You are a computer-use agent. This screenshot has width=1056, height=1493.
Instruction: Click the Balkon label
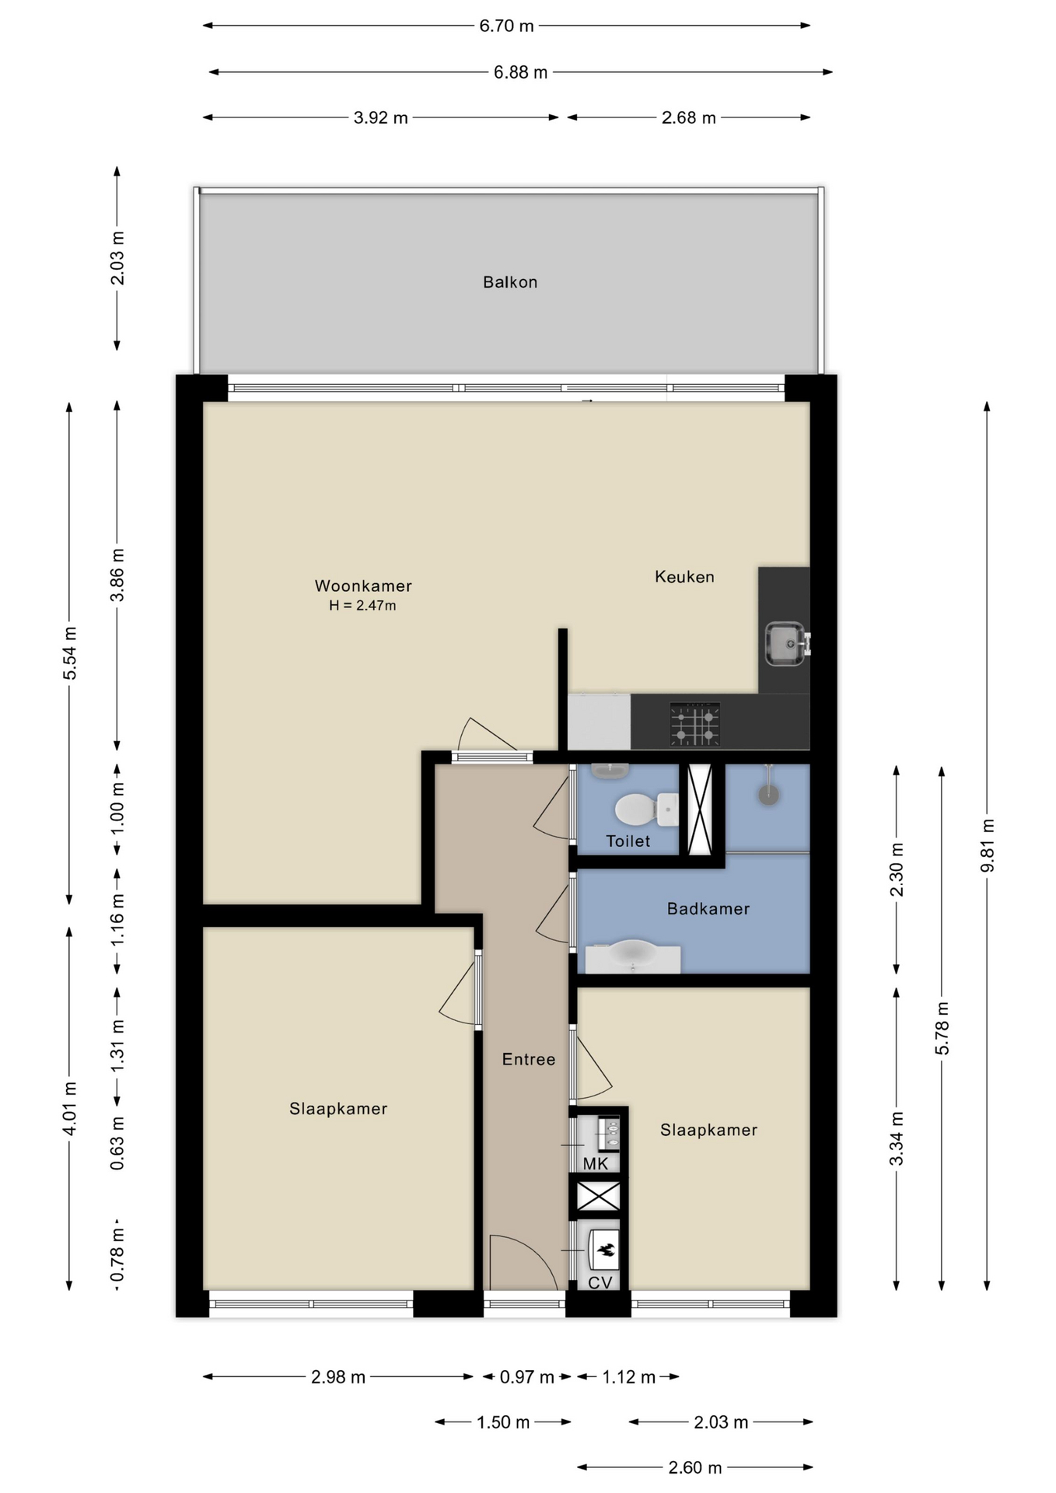pyautogui.click(x=510, y=282)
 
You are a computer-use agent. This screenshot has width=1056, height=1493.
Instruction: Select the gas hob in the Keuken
pyautogui.click(x=694, y=724)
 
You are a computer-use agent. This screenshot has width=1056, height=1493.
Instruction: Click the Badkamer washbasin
pyautogui.click(x=633, y=956)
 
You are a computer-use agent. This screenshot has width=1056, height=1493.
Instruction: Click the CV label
pyautogui.click(x=600, y=1282)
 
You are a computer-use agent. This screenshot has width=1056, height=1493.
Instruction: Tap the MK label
pyautogui.click(x=596, y=1163)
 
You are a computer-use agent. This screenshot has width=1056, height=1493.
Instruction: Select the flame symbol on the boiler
pyautogui.click(x=606, y=1250)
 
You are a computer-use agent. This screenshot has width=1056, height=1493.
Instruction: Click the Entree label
pyautogui.click(x=529, y=1059)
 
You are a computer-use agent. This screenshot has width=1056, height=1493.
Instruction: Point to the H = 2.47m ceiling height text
pyautogui.click(x=362, y=606)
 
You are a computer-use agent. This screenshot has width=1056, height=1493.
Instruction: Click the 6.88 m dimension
pyautogui.click(x=521, y=72)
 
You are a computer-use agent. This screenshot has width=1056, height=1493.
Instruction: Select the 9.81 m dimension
pyautogui.click(x=988, y=846)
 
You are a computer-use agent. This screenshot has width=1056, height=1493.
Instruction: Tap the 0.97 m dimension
pyautogui.click(x=527, y=1377)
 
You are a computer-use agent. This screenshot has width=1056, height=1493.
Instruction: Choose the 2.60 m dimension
pyautogui.click(x=695, y=1467)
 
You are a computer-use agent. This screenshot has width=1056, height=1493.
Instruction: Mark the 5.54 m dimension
pyautogui.click(x=70, y=653)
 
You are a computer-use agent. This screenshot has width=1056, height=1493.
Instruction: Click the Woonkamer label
pyautogui.click(x=363, y=586)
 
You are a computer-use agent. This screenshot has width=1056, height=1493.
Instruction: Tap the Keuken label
pyautogui.click(x=684, y=576)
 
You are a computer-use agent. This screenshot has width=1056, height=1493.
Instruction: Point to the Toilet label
pyautogui.click(x=628, y=841)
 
